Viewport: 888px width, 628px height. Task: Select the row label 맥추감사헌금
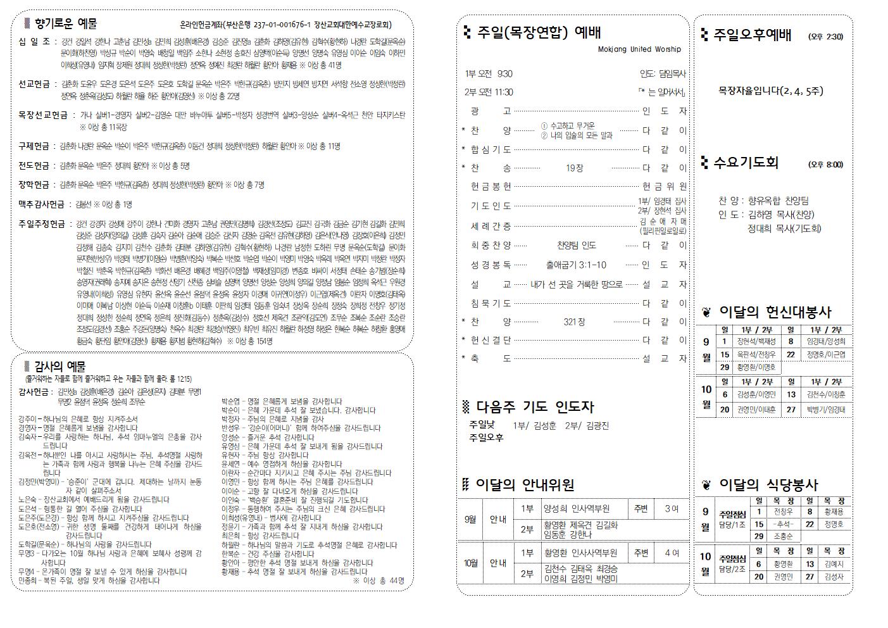(41, 204)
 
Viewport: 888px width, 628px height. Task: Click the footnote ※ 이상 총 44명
(378, 581)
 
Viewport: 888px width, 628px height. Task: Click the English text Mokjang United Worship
(639, 49)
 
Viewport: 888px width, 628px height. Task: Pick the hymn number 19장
(574, 168)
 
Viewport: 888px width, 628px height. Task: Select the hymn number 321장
(574, 322)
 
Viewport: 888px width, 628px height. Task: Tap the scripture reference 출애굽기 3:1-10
(575, 265)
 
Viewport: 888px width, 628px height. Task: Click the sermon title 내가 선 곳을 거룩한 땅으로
(576, 285)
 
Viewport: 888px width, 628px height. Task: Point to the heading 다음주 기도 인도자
(535, 407)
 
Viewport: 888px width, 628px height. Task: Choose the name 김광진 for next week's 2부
(597, 426)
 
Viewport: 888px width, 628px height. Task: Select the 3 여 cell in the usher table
(672, 509)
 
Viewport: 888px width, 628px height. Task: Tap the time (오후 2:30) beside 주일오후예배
(825, 37)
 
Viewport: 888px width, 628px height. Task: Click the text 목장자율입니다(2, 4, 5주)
(770, 91)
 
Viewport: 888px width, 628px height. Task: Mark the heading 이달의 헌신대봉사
(775, 312)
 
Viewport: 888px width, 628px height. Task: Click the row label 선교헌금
(35, 84)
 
